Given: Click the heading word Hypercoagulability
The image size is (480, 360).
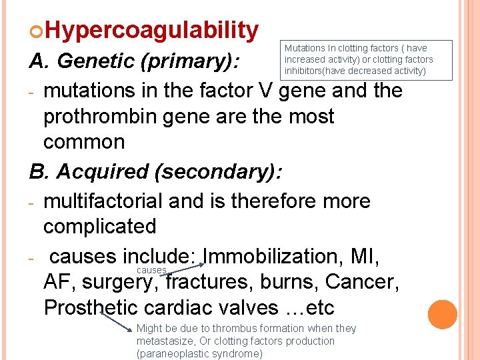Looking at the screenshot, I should (x=152, y=30).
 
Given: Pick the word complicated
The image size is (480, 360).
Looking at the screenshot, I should (x=99, y=227).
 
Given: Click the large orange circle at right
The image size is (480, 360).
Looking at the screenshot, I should (x=443, y=315).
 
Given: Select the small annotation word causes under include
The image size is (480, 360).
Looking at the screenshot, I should (x=151, y=271).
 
